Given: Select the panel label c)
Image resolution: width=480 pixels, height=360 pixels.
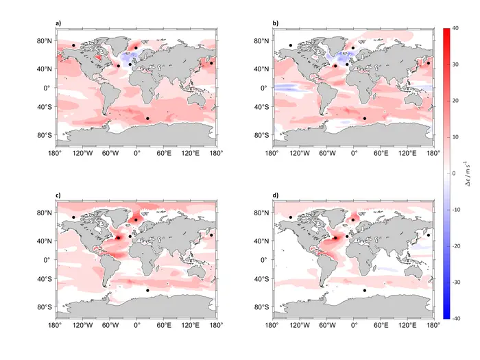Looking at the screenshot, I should tap(58, 196).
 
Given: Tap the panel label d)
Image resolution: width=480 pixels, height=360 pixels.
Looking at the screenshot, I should tap(276, 196).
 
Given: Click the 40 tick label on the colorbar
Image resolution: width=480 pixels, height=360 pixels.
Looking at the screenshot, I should tap(457, 28).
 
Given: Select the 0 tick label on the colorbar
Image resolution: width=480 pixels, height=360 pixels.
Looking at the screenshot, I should tap(455, 173).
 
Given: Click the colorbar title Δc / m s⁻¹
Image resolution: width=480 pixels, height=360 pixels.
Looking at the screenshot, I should tap(468, 173).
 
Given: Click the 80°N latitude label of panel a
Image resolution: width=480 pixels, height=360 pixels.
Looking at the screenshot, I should tap(45, 41).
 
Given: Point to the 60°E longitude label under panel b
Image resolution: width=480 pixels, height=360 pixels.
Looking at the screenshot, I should tap(381, 152).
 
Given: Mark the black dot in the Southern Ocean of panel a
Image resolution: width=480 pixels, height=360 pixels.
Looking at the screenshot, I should tap(147, 119).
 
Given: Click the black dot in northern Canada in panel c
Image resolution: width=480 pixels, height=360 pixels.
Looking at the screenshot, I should tap(73, 217).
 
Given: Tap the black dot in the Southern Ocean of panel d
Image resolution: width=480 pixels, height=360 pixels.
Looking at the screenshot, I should tap(365, 291).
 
